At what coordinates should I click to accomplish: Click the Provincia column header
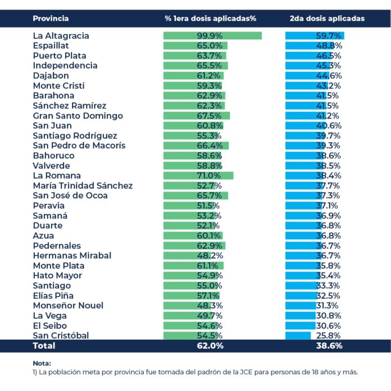51,19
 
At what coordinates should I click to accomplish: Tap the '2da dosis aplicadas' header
327,19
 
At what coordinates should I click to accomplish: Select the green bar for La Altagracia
213,35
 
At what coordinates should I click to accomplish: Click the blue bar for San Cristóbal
298,335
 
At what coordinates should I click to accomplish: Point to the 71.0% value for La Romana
209,175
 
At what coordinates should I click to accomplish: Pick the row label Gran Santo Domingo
78,116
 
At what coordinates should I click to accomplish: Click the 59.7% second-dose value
329,35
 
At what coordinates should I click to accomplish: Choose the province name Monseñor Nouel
68,306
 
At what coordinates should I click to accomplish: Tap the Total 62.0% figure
210,345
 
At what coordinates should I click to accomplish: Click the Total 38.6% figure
329,345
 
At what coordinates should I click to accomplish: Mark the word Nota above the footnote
42,363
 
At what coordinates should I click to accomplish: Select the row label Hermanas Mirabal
72,256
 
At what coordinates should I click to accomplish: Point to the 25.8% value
328,335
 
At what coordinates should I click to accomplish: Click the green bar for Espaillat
195,46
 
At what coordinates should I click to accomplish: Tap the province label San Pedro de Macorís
79,146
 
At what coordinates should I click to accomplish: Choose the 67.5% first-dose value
209,116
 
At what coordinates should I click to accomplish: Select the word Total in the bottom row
44,345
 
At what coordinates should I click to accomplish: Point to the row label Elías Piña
53,295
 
